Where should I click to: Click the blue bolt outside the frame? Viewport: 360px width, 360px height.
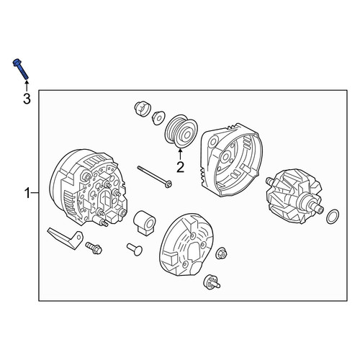click(x=20, y=69)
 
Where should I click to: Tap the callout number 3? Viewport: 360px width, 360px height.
click(x=27, y=99)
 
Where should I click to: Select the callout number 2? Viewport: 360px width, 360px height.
click(x=180, y=167)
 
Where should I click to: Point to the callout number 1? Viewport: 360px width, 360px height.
click(x=27, y=193)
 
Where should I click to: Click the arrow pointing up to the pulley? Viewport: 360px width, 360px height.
click(x=180, y=154)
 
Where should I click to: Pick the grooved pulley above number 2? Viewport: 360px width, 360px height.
click(x=181, y=131)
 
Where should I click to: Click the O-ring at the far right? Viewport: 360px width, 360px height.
click(x=333, y=216)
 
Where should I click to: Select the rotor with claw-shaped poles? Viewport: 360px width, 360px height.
click(x=296, y=196)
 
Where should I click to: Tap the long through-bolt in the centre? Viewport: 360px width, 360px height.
click(x=155, y=176)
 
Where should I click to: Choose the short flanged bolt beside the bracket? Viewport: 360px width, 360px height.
click(x=94, y=248)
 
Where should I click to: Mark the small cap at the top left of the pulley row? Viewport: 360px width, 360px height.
click(x=142, y=108)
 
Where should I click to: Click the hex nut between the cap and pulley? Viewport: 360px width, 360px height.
click(x=158, y=117)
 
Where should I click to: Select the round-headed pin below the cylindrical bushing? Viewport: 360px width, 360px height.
click(x=135, y=249)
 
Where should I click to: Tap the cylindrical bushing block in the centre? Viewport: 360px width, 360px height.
click(x=145, y=222)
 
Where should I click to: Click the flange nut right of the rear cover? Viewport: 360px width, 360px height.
click(x=221, y=253)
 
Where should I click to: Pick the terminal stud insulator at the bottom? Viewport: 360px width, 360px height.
click(x=211, y=282)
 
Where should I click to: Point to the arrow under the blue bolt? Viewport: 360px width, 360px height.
click(x=27, y=86)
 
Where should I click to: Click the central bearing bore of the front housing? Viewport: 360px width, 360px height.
click(x=225, y=157)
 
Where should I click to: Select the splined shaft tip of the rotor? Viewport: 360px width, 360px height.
click(x=319, y=210)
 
